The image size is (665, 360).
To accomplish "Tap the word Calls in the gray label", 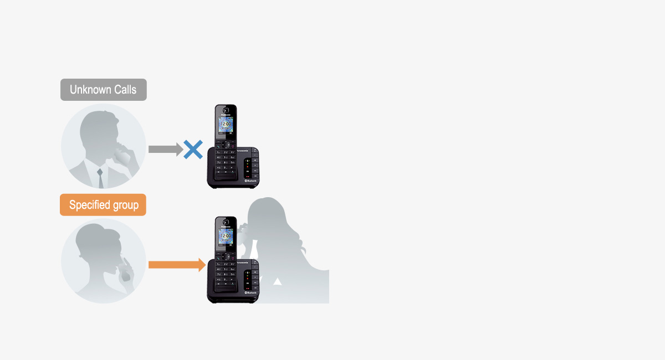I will click(x=125, y=90).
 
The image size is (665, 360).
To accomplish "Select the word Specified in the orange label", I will click(x=89, y=205).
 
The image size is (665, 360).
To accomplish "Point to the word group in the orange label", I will click(x=125, y=205).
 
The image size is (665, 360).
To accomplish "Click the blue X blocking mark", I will click(x=193, y=150).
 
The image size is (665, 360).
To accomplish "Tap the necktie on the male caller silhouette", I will click(x=100, y=178).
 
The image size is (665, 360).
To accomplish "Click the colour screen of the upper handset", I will click(x=226, y=125).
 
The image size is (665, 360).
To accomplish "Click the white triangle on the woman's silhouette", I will click(x=278, y=282).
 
